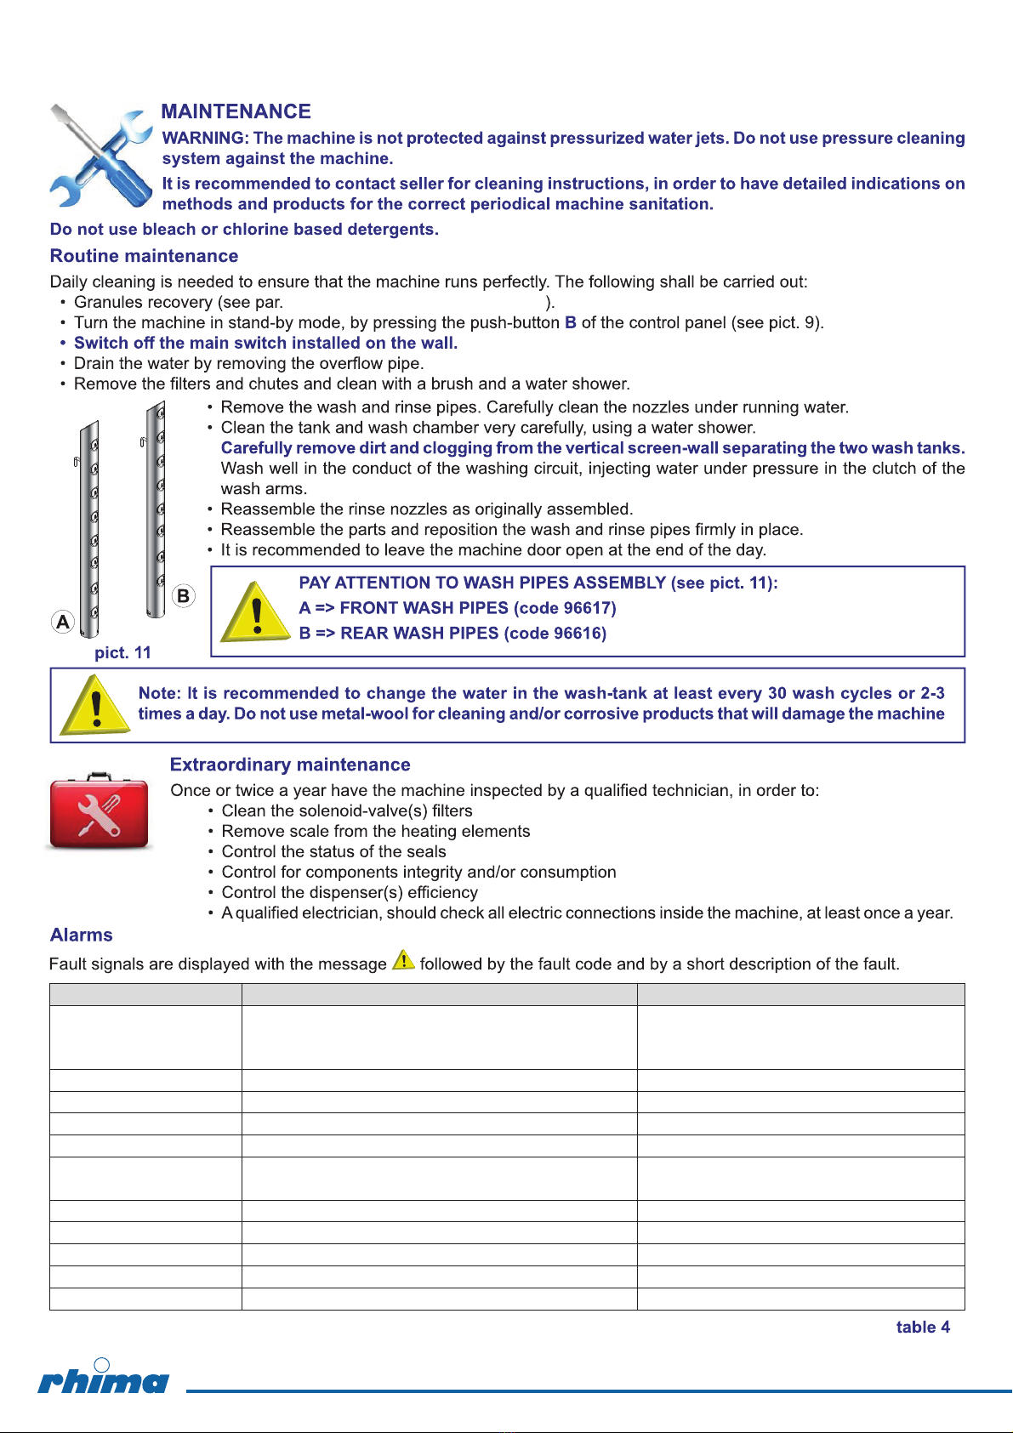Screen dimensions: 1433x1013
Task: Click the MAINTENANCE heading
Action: point(236,111)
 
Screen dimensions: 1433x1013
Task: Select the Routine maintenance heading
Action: point(144,256)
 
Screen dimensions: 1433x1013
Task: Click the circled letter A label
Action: point(63,622)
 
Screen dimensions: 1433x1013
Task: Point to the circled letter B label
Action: point(184,595)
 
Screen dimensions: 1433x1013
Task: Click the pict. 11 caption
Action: point(122,652)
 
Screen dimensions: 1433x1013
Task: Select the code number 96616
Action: point(579,634)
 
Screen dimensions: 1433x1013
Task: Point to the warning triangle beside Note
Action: point(96,705)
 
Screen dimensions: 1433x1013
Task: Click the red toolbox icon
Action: point(100,811)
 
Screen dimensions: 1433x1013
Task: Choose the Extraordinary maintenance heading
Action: point(290,765)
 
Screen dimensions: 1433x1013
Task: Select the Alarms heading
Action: point(82,935)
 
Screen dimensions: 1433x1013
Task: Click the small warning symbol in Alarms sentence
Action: point(403,961)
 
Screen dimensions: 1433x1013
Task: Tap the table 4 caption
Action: point(923,1328)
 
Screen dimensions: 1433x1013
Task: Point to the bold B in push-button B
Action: point(571,323)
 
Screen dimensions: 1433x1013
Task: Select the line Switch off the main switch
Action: point(265,344)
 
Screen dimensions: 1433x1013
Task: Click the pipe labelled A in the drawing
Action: point(90,527)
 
